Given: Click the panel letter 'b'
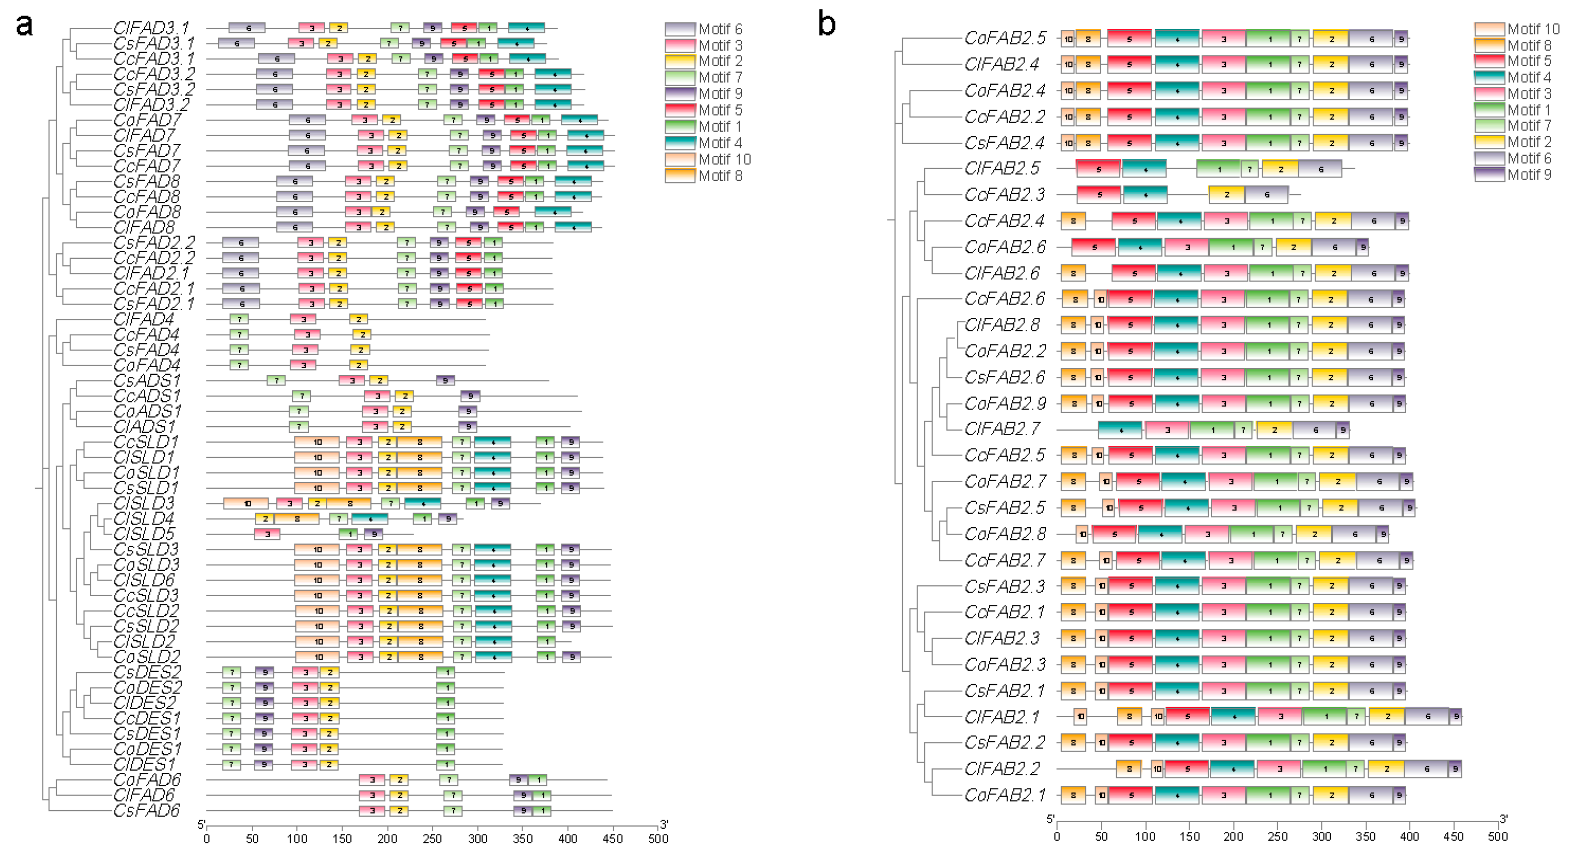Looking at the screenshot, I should (827, 25).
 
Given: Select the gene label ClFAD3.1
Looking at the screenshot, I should (151, 28).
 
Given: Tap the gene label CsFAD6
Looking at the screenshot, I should (147, 811).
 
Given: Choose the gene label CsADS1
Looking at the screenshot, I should (147, 381).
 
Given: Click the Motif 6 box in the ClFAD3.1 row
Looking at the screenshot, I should (247, 28).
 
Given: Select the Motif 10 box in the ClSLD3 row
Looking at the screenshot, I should (246, 503).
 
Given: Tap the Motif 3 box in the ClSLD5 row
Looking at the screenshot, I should (267, 534).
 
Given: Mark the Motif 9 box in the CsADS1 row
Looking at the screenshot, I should (445, 381).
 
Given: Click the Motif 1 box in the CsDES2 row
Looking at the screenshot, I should (446, 672).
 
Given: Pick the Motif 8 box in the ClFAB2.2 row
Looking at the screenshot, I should (1128, 769).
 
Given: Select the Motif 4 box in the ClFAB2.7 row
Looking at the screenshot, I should (1120, 430).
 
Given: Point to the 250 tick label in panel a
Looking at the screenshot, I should (432, 839).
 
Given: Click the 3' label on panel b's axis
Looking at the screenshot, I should (1503, 819).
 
